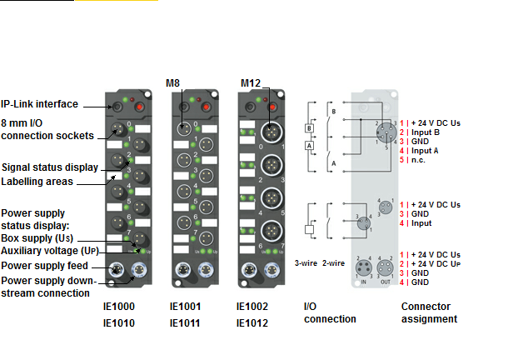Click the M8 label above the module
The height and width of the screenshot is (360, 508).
pos(172,82)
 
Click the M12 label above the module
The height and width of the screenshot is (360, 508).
pos(250,83)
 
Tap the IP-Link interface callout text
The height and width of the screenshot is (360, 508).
pos(39,104)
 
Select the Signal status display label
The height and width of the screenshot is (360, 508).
pos(51,167)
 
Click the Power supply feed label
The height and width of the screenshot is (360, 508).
pos(44,265)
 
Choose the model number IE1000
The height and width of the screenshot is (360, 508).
pos(117,307)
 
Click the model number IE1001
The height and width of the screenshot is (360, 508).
pos(185,307)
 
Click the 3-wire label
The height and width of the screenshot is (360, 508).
pos(306,262)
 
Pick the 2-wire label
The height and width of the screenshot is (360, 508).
pos(334,262)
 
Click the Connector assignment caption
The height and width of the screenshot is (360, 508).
pos(429,312)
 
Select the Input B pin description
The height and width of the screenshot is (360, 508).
pos(429,132)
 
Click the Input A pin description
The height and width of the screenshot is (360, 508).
pos(429,150)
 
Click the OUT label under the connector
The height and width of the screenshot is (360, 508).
pos(386,282)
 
